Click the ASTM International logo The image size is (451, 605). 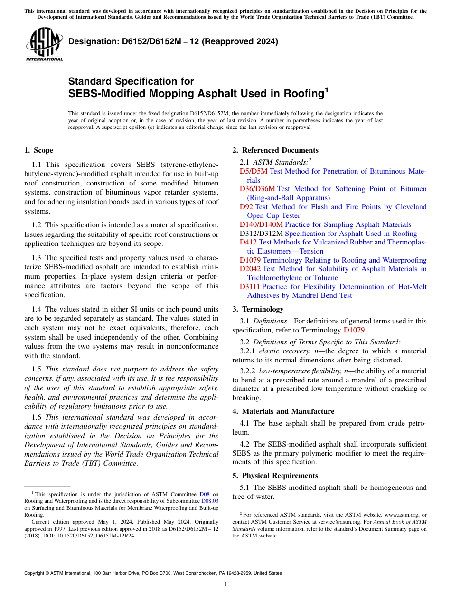[x=44, y=45]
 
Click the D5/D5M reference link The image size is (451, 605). [x=254, y=171]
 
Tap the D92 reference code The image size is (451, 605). [x=246, y=207]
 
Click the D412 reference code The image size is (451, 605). [x=248, y=242]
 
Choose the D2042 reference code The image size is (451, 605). [x=250, y=269]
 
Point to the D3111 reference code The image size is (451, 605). [x=250, y=287]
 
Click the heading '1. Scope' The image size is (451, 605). [x=38, y=150]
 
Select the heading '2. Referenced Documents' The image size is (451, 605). [x=275, y=150]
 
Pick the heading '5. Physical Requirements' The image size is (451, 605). [x=275, y=476]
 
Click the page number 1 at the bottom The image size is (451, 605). [x=225, y=585]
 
